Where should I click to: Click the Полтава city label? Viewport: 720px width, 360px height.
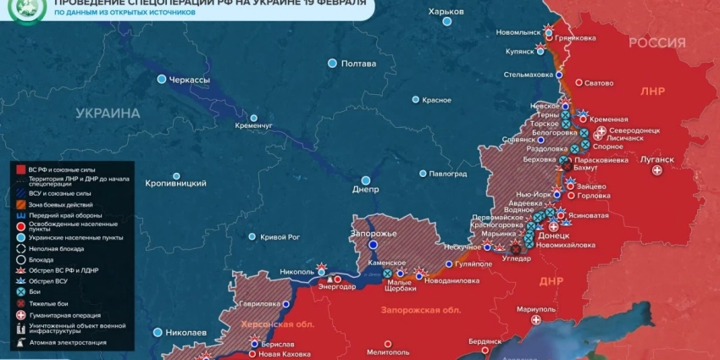pyautogui.click(x=358, y=64)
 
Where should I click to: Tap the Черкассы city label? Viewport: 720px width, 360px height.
pyautogui.click(x=190, y=79)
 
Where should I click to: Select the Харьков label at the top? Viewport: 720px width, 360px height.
pyautogui.click(x=446, y=11)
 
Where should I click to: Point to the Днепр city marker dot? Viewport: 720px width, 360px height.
pyautogui.click(x=366, y=180)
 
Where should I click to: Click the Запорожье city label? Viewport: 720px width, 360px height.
pyautogui.click(x=374, y=233)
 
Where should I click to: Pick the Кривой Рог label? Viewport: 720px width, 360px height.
pyautogui.click(x=280, y=237)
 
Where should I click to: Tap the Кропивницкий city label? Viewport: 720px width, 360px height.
pyautogui.click(x=175, y=183)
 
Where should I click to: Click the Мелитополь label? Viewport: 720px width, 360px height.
pyautogui.click(x=389, y=352)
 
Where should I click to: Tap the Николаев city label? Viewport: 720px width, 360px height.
pyautogui.click(x=186, y=332)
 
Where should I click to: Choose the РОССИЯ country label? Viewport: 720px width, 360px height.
pyautogui.click(x=657, y=43)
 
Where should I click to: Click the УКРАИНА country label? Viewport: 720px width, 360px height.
pyautogui.click(x=108, y=113)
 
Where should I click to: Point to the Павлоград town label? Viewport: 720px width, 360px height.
pyautogui.click(x=448, y=174)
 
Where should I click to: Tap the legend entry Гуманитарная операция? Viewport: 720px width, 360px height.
pyautogui.click(x=70, y=314)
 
